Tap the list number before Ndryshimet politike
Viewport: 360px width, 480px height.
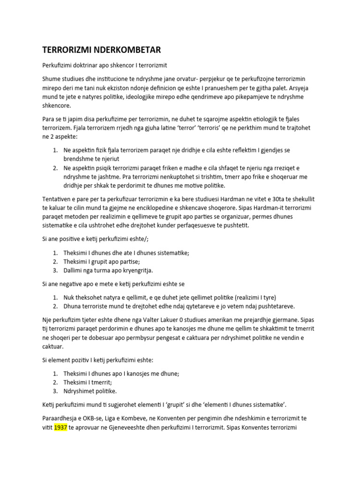(55, 390)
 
